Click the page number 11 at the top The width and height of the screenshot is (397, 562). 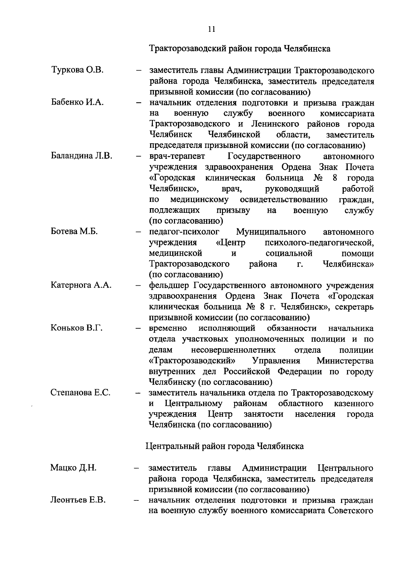[x=212, y=29]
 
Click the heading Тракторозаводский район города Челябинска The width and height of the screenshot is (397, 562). [x=240, y=49]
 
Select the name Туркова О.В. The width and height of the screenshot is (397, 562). [x=78, y=70]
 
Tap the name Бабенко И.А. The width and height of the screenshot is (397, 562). [x=78, y=102]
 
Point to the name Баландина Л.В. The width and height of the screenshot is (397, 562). [x=81, y=156]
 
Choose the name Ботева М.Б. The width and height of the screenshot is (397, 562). [x=74, y=231]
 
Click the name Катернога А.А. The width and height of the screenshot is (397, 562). [x=81, y=285]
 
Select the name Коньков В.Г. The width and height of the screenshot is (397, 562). [x=76, y=328]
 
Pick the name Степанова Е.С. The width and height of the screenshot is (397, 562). [x=80, y=393]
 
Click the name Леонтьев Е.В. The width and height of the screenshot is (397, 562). [x=78, y=500]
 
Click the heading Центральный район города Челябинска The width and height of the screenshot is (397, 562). [x=225, y=446]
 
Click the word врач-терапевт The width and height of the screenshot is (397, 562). [x=177, y=156]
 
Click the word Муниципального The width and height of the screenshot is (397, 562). [x=271, y=232]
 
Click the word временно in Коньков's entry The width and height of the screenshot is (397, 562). [x=168, y=328]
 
